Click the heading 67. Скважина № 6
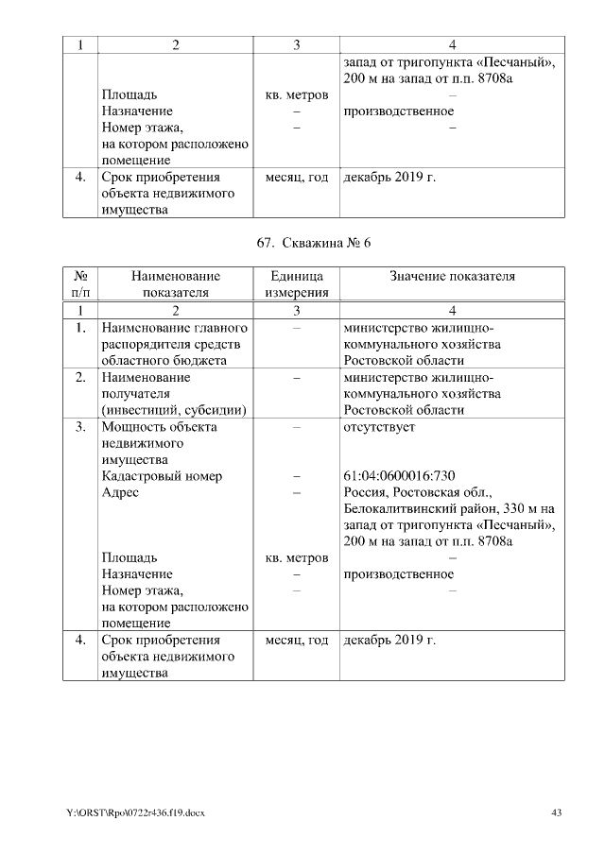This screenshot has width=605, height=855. point(314,243)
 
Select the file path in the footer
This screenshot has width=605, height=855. point(135,812)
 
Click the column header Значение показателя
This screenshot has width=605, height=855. point(453,276)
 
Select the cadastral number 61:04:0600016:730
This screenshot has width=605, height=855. point(400,476)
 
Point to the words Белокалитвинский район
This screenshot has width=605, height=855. point(412,509)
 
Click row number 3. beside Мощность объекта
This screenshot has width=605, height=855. point(81,426)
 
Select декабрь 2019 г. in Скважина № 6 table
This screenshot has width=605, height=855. point(389,641)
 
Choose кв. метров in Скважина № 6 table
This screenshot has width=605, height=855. point(296,557)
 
